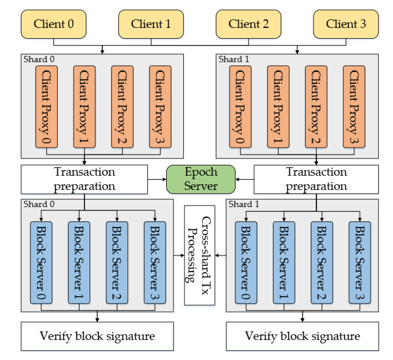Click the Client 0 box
pyautogui.click(x=53, y=24)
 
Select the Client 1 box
pyautogui.click(x=151, y=24)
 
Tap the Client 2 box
pyautogui.click(x=248, y=24)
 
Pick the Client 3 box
pyautogui.click(x=346, y=24)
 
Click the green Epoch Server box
pyautogui.click(x=200, y=179)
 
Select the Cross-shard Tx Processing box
pyautogui.click(x=199, y=254)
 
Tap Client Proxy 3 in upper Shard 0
pyautogui.click(x=161, y=106)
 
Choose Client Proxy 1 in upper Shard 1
pyautogui.click(x=278, y=106)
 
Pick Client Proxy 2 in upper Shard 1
pyautogui.click(x=316, y=106)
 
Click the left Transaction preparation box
pyautogui.click(x=84, y=179)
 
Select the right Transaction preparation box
pyautogui.click(x=316, y=179)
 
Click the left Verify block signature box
pyautogui.click(x=97, y=336)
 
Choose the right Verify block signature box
pyautogui.click(x=303, y=336)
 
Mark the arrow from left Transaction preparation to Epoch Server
pyautogui.click(x=155, y=179)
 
